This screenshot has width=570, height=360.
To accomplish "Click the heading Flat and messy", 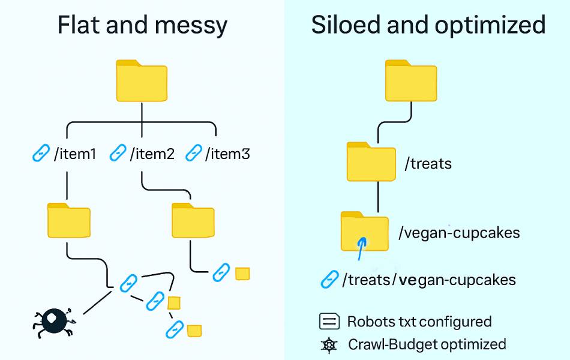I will pos(142,25).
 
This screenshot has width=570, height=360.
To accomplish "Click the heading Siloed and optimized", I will pos(428,25).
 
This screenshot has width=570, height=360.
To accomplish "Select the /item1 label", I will pos(75,154).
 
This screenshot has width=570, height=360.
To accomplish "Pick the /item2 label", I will pos(152,154).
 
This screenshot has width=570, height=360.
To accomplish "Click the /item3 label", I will pos(227,154).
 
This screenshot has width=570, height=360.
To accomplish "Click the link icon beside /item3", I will pos(194,154).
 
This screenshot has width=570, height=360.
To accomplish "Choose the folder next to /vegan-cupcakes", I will pos(364,231).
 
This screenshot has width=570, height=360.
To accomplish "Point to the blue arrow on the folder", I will pos(361,248).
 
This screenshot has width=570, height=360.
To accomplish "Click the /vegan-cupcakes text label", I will pos(459,232).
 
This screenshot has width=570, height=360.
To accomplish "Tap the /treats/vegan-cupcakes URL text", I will pos(428,280).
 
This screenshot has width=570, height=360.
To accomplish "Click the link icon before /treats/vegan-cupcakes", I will pos(329,279).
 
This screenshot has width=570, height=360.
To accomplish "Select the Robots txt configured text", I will pos(419,322).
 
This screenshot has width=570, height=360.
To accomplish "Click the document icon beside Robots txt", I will pos(329,322).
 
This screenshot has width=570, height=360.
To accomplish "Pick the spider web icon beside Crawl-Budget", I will pos(329,345).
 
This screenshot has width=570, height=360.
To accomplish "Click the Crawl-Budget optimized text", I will pos(427,344).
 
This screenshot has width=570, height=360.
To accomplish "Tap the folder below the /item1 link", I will pos(68,220).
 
